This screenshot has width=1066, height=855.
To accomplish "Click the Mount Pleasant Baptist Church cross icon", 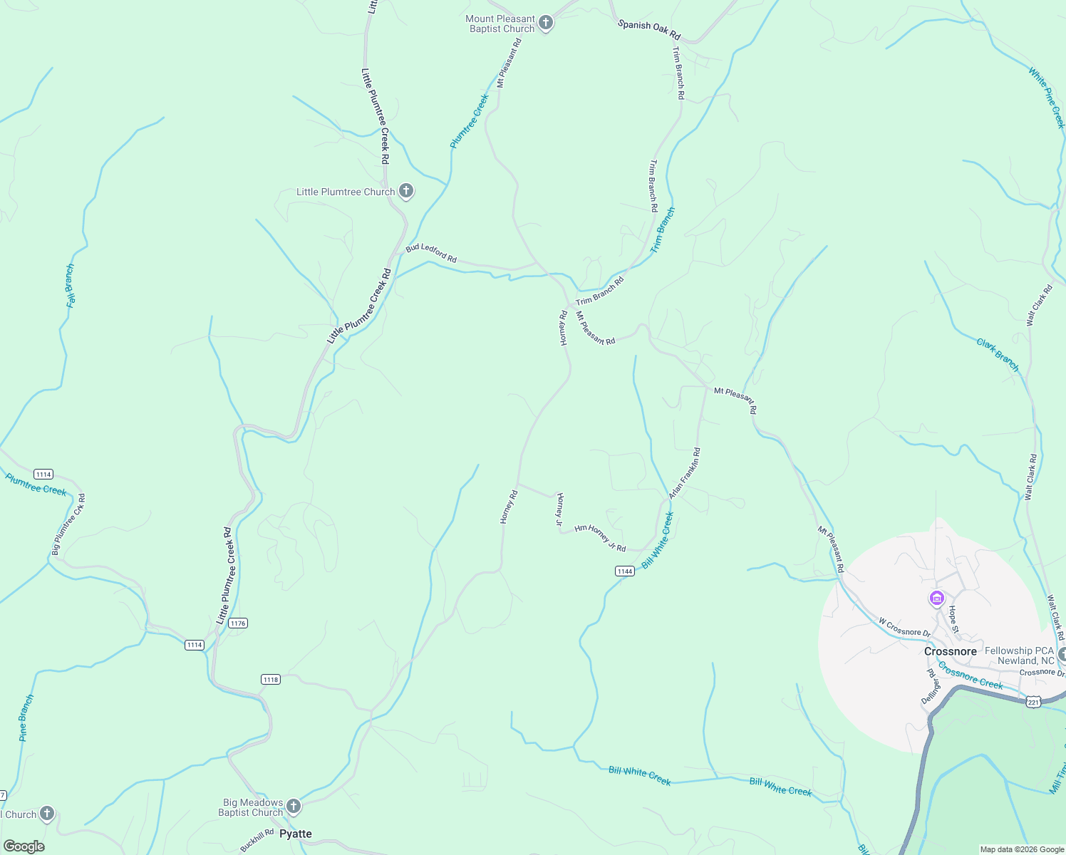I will (x=546, y=23).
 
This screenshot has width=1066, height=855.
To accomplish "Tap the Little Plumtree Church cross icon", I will (x=406, y=191).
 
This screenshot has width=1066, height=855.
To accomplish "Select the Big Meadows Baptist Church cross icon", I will (x=294, y=807).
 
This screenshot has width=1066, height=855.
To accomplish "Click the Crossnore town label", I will (x=950, y=651).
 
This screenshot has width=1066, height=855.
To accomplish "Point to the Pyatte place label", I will (x=295, y=834).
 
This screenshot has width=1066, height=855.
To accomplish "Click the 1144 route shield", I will (x=624, y=571).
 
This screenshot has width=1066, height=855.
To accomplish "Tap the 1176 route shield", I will (x=238, y=623).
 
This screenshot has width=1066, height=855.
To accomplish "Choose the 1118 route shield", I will (x=270, y=679).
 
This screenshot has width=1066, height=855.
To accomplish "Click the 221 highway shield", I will (x=1033, y=703).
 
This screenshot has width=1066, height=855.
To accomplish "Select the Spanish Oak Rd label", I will (x=648, y=29).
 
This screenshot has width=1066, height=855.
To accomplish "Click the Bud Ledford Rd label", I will (x=431, y=253).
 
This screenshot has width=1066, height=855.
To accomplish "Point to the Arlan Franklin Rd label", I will (x=685, y=473).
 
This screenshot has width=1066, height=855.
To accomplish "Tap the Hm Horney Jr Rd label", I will (x=600, y=537).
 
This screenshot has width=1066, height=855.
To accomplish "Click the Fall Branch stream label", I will (x=71, y=286).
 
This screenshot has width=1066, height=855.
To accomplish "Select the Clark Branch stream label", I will (x=998, y=355).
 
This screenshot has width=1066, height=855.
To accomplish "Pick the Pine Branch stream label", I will (x=26, y=717).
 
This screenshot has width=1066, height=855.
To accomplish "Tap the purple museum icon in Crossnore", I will (x=937, y=598).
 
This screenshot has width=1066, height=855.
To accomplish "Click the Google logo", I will (x=24, y=846).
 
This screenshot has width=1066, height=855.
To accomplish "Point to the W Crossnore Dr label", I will (x=904, y=628).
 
